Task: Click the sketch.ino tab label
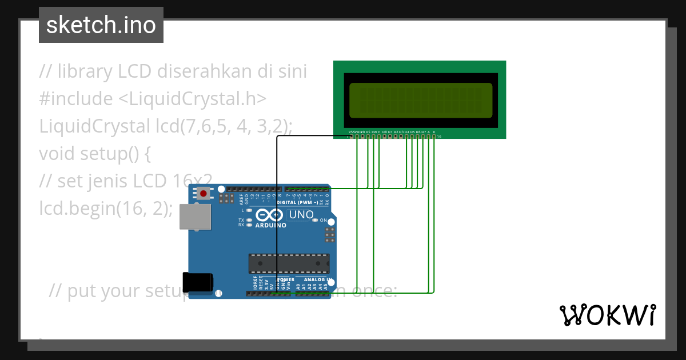pos(101,25)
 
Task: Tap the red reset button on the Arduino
pos(203,194)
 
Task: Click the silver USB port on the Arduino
pos(195,217)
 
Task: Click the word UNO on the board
pos(301,215)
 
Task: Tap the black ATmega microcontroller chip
pos(289,263)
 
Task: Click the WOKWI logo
pos(607,315)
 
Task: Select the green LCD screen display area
pos(420,98)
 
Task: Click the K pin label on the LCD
pos(434,132)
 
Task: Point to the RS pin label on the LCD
pos(368,132)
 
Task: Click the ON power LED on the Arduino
pos(323,221)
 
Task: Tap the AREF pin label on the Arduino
pos(241,198)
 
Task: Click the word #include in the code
pos(76,99)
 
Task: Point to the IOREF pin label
pos(255,283)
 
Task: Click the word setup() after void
pos(107,153)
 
